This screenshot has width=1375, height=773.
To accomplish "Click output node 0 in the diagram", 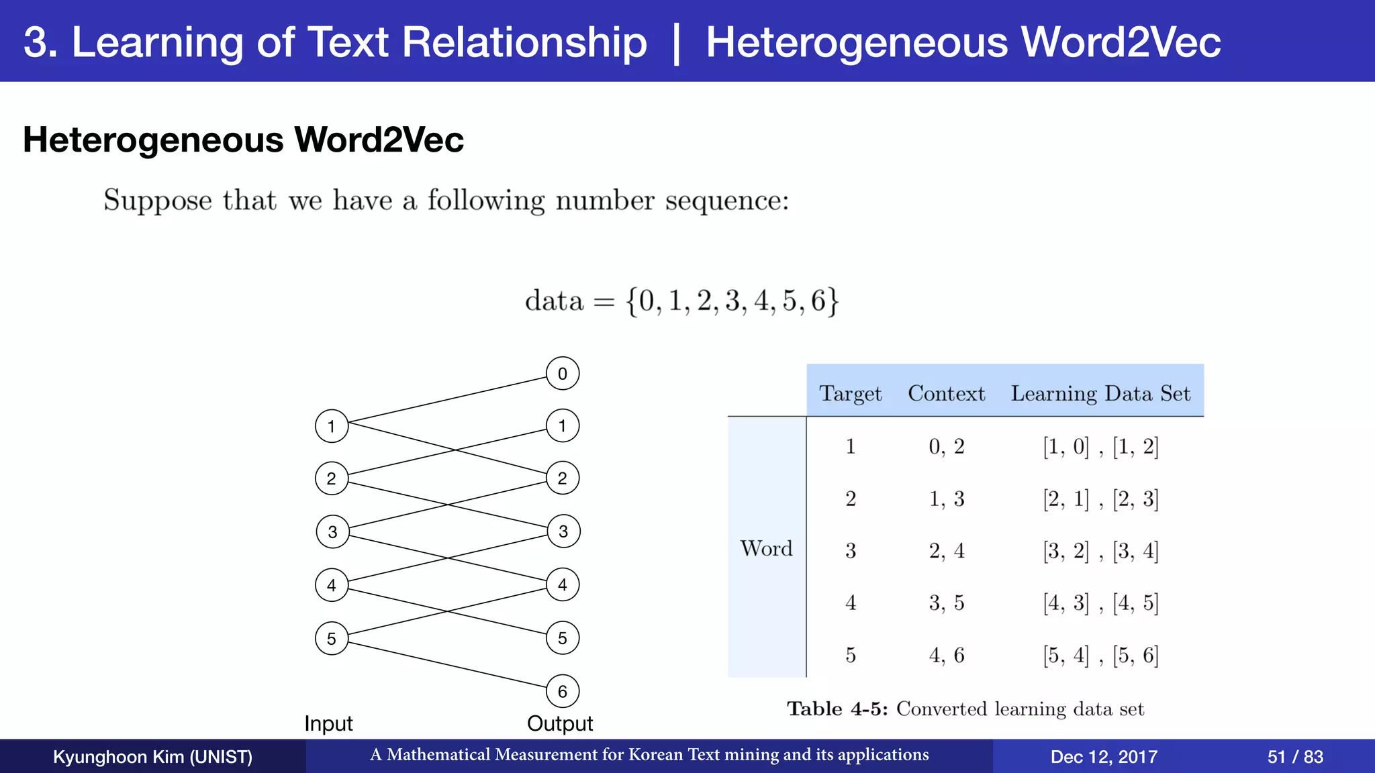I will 563,374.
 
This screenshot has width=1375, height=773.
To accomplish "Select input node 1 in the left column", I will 332,426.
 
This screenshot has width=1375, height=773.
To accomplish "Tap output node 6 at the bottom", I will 563,691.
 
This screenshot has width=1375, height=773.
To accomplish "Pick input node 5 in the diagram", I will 332,638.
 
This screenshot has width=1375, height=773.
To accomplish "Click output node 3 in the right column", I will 563,531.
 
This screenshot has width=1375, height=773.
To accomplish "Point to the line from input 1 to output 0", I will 447,400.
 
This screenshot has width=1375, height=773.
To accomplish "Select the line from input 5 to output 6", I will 447,665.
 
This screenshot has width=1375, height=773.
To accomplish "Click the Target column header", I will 850,393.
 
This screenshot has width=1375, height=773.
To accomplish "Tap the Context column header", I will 946,393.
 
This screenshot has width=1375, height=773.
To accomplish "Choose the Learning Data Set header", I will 1100,393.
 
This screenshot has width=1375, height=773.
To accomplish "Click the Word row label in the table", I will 766,548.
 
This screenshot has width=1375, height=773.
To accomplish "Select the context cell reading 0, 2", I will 946,446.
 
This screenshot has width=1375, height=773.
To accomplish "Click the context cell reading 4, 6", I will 946,655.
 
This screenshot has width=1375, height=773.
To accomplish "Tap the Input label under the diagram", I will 328,723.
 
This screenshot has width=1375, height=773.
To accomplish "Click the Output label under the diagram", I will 560,723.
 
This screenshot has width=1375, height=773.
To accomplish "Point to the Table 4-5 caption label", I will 837,709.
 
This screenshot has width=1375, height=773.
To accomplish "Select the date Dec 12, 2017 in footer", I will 1103,757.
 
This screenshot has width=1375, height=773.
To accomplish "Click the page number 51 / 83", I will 1294,757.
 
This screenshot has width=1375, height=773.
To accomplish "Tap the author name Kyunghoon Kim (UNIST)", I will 152,757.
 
